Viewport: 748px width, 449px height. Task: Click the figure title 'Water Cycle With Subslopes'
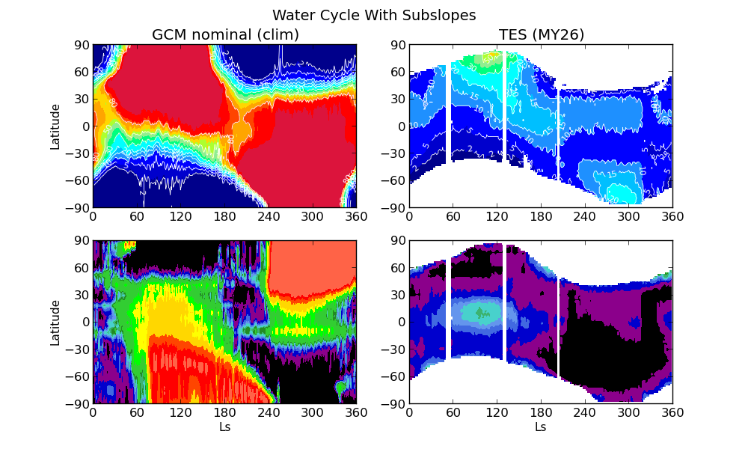click(x=374, y=16)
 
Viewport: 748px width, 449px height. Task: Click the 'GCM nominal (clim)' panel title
click(x=225, y=35)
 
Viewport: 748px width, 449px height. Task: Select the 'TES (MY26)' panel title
click(x=541, y=35)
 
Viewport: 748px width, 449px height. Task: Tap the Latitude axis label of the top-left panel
click(x=55, y=126)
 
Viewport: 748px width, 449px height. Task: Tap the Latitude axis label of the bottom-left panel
click(x=55, y=323)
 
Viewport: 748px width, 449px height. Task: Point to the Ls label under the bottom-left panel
click(x=224, y=427)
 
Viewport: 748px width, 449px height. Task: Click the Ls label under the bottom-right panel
click(x=541, y=427)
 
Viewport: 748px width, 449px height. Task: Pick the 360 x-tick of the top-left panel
click(x=356, y=216)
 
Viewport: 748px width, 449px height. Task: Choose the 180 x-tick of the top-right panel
click(x=541, y=216)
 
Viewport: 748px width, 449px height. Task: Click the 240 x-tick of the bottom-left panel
click(x=269, y=412)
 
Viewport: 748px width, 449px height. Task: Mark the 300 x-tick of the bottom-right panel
click(x=628, y=412)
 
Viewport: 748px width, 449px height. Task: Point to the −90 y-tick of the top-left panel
click(x=78, y=207)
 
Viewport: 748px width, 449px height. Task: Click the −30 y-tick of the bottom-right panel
click(x=394, y=349)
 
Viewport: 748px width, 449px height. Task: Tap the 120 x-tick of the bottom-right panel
click(x=497, y=412)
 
